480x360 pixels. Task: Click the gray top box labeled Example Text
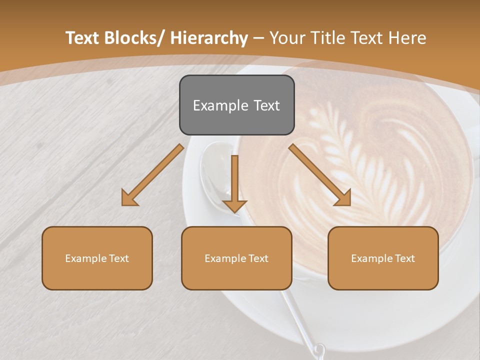click(x=236, y=105)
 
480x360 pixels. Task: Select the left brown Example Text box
click(x=97, y=258)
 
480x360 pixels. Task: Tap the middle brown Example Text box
click(x=236, y=258)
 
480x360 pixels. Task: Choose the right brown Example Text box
click(x=383, y=258)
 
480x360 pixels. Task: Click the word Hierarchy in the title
click(x=209, y=38)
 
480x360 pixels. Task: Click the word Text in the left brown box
click(x=119, y=258)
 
